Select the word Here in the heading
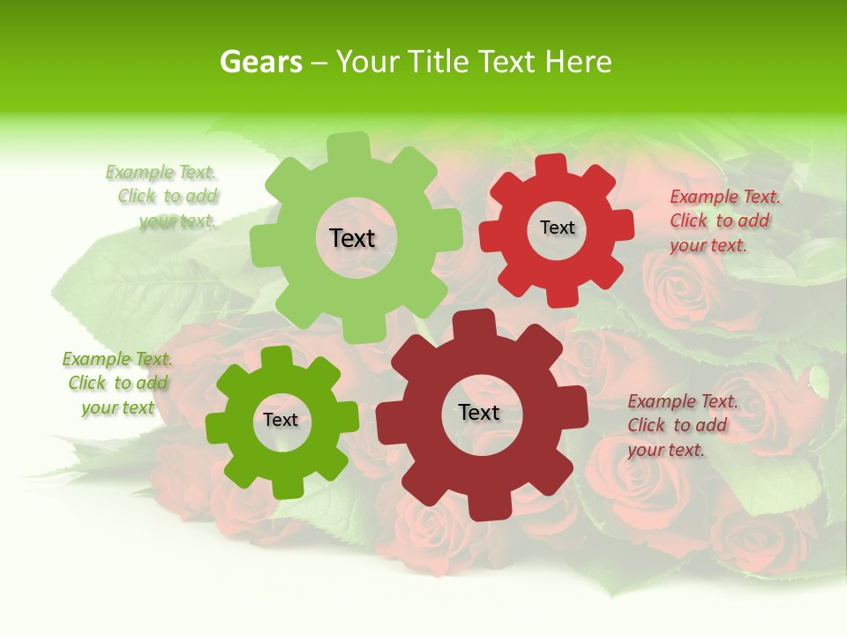578,63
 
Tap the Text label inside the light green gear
352,238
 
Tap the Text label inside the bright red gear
557,228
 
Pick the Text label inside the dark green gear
281,420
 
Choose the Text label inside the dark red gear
479,412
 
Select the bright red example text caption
723,221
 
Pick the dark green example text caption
117,384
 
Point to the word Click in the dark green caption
87,384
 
